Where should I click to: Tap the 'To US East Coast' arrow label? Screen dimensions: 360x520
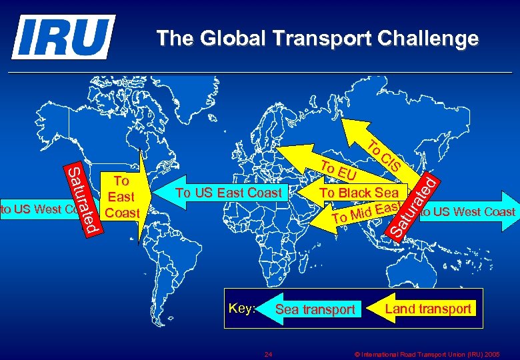pyautogui.click(x=229, y=193)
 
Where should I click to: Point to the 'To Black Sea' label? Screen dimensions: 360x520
pyautogui.click(x=359, y=193)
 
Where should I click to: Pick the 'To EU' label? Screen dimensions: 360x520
pyautogui.click(x=338, y=171)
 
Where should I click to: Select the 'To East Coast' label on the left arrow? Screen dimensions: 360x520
pyautogui.click(x=121, y=197)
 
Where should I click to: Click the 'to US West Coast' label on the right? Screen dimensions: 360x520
pyautogui.click(x=468, y=212)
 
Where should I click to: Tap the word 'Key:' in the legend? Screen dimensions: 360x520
pyautogui.click(x=241, y=309)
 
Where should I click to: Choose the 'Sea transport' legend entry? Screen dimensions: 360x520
pyautogui.click(x=315, y=309)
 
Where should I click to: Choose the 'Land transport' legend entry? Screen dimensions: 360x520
pyautogui.click(x=427, y=309)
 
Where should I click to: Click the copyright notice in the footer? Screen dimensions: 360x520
pyautogui.click(x=426, y=353)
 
